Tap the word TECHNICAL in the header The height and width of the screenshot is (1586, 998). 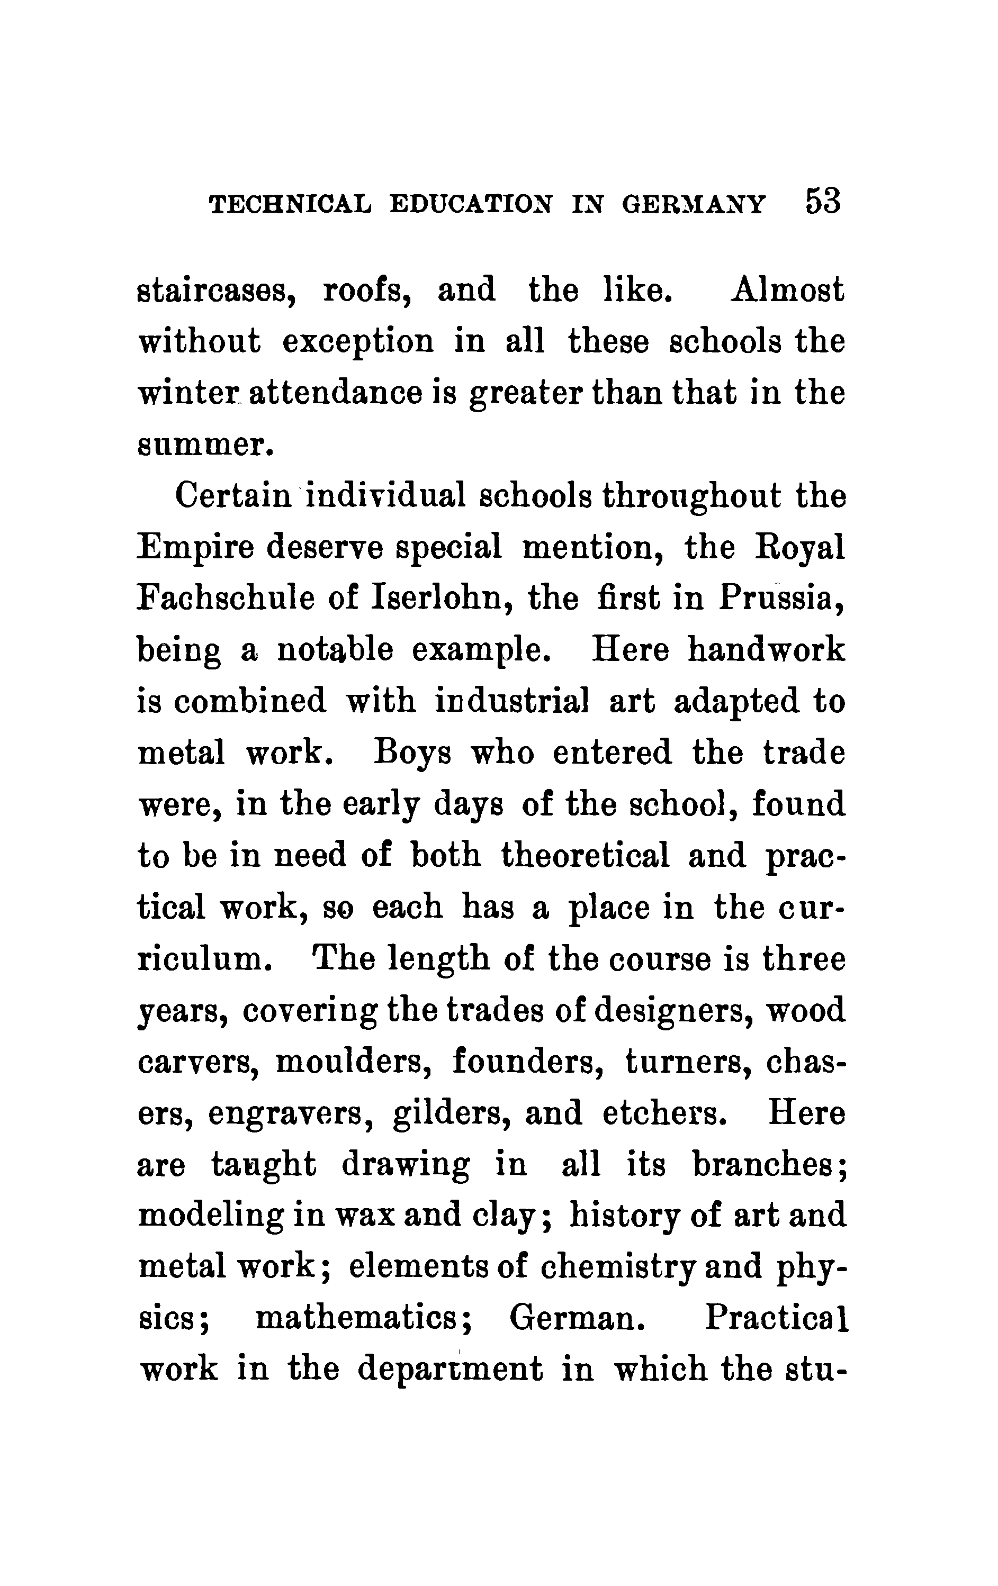tap(290, 204)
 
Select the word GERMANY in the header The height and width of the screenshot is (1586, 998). tap(694, 204)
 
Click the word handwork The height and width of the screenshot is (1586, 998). tap(766, 651)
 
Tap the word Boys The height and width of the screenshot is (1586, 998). tap(412, 754)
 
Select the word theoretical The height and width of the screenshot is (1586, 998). tap(586, 856)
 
